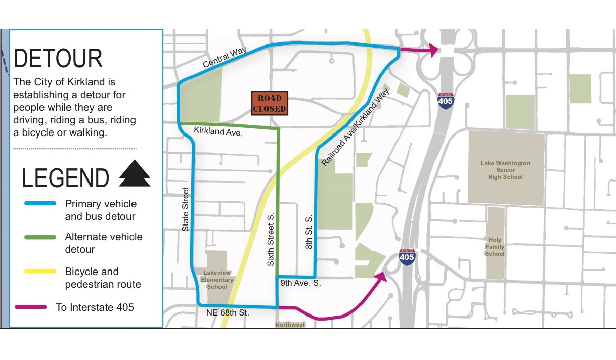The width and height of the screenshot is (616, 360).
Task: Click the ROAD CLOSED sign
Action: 270,103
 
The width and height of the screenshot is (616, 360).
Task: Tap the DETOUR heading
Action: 58,59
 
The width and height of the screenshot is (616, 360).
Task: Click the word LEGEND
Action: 66,178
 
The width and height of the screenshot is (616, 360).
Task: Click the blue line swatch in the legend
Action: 40,203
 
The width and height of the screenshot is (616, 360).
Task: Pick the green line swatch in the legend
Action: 40,237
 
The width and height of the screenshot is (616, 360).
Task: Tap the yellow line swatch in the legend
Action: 40,272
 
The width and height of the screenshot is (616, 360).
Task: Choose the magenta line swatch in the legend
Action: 31,307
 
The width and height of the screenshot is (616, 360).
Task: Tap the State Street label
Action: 186,209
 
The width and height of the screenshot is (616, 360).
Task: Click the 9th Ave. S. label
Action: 301,284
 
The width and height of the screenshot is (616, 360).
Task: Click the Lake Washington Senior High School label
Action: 505,170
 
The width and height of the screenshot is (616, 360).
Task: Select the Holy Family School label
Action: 494,247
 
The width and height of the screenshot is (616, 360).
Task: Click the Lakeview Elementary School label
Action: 217,280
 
